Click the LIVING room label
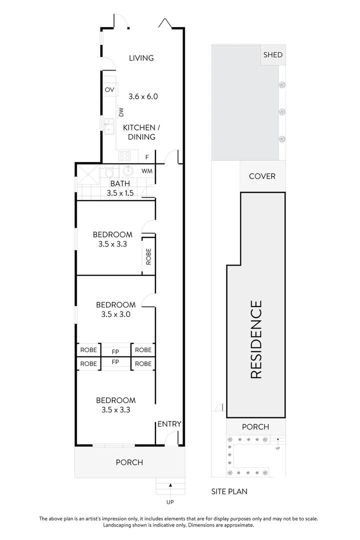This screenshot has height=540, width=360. click(x=141, y=58)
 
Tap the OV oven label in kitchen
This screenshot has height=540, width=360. click(x=109, y=90)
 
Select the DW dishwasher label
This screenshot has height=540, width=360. click(x=121, y=111)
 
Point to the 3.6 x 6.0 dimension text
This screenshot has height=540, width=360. click(x=143, y=96)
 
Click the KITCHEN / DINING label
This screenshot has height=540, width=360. click(x=139, y=132)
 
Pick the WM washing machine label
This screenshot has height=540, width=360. click(x=146, y=171)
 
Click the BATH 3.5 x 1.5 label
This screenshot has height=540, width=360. click(x=120, y=188)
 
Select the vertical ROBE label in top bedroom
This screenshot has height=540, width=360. click(x=148, y=257)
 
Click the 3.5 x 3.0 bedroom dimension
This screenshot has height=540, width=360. click(x=115, y=314)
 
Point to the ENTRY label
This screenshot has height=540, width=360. click(x=169, y=424)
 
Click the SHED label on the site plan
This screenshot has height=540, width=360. click(x=272, y=55)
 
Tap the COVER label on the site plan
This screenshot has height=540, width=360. click(x=262, y=176)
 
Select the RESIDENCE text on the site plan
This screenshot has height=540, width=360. click(x=255, y=339)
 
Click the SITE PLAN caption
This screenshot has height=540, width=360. click(x=229, y=491)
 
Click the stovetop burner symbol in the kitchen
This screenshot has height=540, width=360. click(x=123, y=156)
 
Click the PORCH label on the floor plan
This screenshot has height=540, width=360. click(x=129, y=462)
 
